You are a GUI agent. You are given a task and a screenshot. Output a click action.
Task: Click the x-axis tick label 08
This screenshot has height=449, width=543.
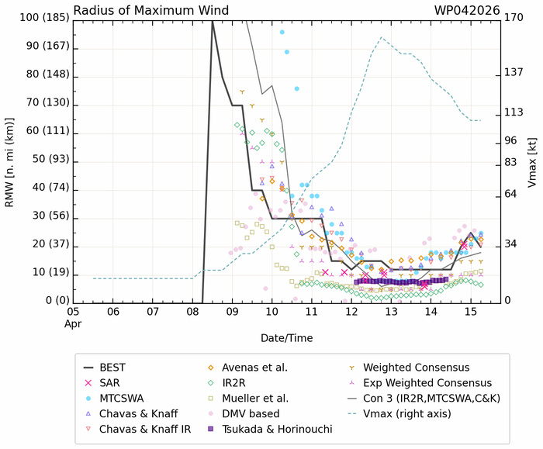tap(192, 311)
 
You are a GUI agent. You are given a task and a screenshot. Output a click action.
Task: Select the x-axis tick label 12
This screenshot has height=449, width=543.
tap(351, 311)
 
